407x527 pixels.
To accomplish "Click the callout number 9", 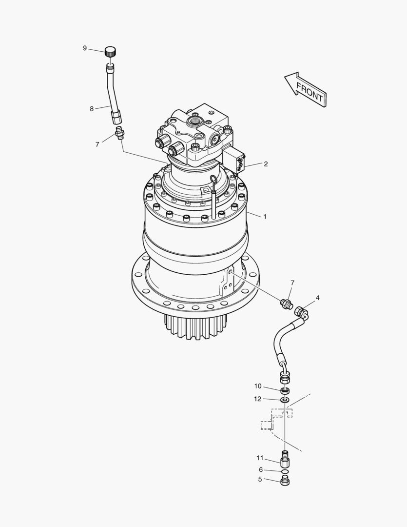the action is (85, 48).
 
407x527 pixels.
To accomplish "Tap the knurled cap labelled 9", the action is (111, 52).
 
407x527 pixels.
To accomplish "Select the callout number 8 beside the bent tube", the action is (92, 109).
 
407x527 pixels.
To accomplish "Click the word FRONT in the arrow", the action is (310, 93).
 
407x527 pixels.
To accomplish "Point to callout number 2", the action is (266, 164).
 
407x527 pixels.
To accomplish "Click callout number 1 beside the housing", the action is (265, 217).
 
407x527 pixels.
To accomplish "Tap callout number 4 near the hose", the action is (318, 298).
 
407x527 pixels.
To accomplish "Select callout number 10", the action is (258, 386).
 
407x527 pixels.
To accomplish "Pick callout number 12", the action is (257, 399).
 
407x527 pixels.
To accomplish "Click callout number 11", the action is (260, 458).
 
